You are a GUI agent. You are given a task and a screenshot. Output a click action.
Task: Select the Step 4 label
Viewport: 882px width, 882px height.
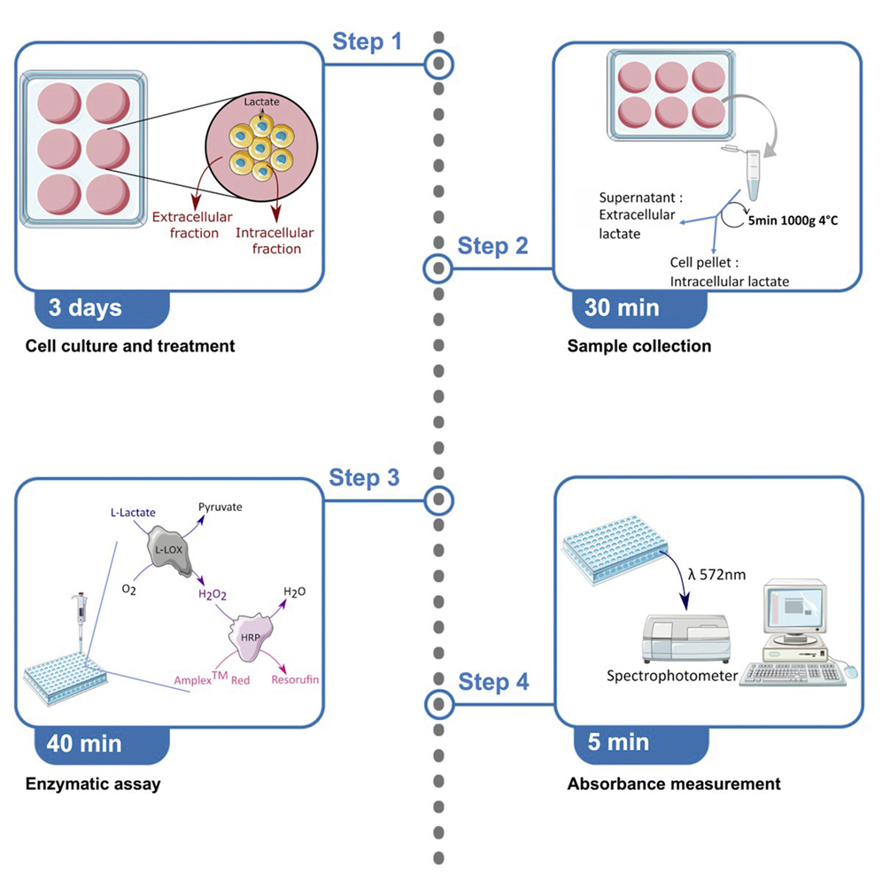point(494,682)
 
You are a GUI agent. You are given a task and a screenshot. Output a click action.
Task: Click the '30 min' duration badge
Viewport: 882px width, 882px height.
point(622,307)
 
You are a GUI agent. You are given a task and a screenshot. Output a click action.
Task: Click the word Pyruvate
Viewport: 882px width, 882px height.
point(220,507)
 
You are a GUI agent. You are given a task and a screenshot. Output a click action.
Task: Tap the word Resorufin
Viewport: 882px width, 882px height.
point(296,679)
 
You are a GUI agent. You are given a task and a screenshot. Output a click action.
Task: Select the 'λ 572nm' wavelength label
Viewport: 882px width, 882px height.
point(716,574)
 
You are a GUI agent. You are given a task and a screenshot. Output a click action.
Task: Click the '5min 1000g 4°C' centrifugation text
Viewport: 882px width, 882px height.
point(792,222)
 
